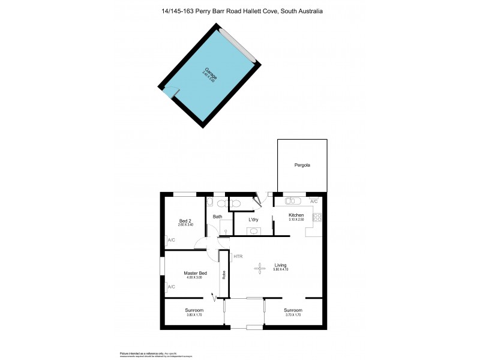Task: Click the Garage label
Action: [209, 74]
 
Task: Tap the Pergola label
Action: [302, 164]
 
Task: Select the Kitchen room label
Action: [296, 215]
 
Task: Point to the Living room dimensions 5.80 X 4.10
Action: [280, 269]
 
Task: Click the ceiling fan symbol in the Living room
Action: [260, 268]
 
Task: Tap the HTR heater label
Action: [238, 257]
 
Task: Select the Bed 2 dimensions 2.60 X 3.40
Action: [185, 226]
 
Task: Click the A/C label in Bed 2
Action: [171, 240]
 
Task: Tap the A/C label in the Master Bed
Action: [171, 287]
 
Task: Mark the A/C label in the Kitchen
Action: [314, 201]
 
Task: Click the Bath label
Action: [217, 217]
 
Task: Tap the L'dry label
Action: [254, 220]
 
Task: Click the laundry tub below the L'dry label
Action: [254, 230]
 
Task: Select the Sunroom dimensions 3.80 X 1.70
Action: [194, 315]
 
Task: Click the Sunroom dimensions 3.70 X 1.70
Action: [293, 315]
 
